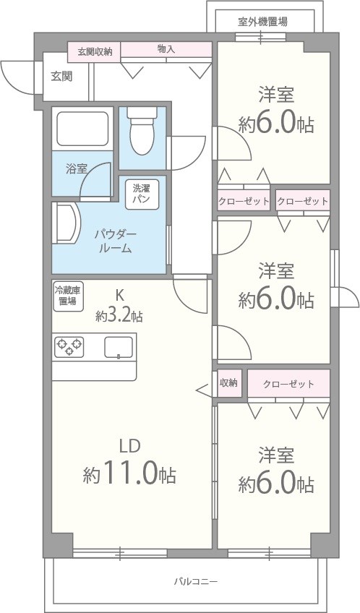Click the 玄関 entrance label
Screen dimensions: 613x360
click(x=61, y=75)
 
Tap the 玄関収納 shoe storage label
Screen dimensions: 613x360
click(x=95, y=51)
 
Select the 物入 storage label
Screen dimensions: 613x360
click(x=166, y=50)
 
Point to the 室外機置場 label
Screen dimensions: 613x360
click(x=262, y=21)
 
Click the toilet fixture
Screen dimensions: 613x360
click(x=142, y=134)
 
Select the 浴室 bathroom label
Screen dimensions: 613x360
click(x=76, y=169)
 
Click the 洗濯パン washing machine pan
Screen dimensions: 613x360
click(x=141, y=194)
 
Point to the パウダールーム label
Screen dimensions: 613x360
click(x=114, y=241)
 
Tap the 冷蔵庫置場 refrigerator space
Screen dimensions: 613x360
click(x=67, y=296)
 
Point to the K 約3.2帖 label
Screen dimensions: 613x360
click(x=119, y=306)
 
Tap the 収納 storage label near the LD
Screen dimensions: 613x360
click(x=228, y=383)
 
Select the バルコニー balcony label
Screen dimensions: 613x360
click(x=195, y=581)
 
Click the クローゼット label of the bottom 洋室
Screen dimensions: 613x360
click(x=288, y=384)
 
